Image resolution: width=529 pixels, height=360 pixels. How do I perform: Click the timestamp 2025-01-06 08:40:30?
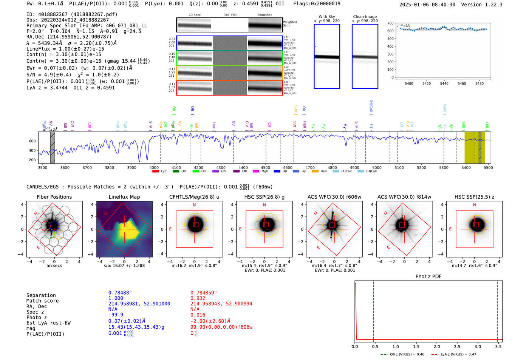[x=427, y=5]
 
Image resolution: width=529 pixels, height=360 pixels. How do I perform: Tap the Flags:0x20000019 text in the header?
[x=317, y=3]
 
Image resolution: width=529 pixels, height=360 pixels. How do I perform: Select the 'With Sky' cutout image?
[x=327, y=56]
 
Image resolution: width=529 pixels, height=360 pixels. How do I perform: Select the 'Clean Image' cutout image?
[x=365, y=56]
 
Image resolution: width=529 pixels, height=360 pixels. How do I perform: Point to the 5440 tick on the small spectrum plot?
[x=444, y=83]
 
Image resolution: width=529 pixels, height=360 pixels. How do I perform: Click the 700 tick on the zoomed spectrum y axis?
[x=390, y=23]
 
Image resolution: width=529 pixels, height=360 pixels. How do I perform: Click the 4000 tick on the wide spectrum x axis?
[x=154, y=167]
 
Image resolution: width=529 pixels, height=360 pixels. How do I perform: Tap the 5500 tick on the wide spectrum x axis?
[x=488, y=167]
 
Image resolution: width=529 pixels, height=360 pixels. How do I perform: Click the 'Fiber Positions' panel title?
[x=54, y=197]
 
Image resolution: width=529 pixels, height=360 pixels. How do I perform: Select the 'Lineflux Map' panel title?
[x=124, y=197]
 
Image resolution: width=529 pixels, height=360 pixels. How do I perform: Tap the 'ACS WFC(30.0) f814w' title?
[x=404, y=197]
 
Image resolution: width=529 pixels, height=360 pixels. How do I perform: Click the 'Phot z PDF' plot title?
[x=428, y=277]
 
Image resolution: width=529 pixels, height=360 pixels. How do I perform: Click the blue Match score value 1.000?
[x=116, y=298]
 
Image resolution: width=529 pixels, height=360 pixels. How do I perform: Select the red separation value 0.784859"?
[x=204, y=293]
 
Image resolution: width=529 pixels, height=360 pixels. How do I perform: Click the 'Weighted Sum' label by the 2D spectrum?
[x=290, y=24]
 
